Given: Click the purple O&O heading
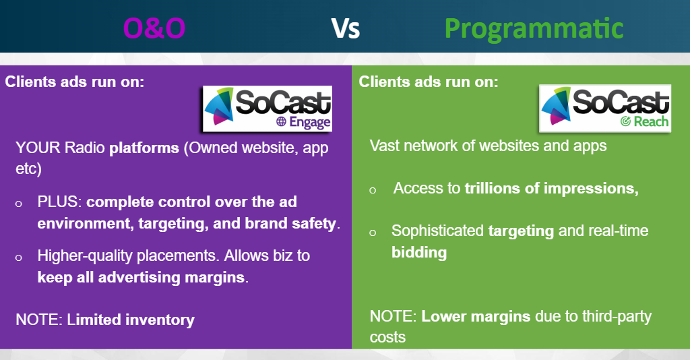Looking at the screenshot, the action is [x=154, y=28].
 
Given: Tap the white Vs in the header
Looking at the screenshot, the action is [x=346, y=28].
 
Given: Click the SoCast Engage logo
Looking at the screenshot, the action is [x=267, y=109].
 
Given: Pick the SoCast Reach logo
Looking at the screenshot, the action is [x=605, y=109].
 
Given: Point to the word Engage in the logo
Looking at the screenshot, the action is [x=310, y=122].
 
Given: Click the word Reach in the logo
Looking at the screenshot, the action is [x=651, y=121].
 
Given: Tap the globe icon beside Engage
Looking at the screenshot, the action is [x=281, y=121].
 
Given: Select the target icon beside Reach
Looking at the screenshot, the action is [x=625, y=121].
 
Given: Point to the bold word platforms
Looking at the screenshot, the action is [x=144, y=148].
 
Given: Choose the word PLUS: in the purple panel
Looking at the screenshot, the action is [x=59, y=202].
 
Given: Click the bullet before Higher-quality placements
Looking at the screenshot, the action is [x=18, y=258].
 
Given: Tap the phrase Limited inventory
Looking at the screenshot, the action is [x=131, y=320].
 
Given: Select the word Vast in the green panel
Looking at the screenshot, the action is [x=384, y=146].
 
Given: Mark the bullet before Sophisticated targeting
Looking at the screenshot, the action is [x=373, y=233].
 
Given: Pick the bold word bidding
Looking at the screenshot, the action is [x=419, y=253].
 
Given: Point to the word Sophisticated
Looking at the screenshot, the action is [x=437, y=231].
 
